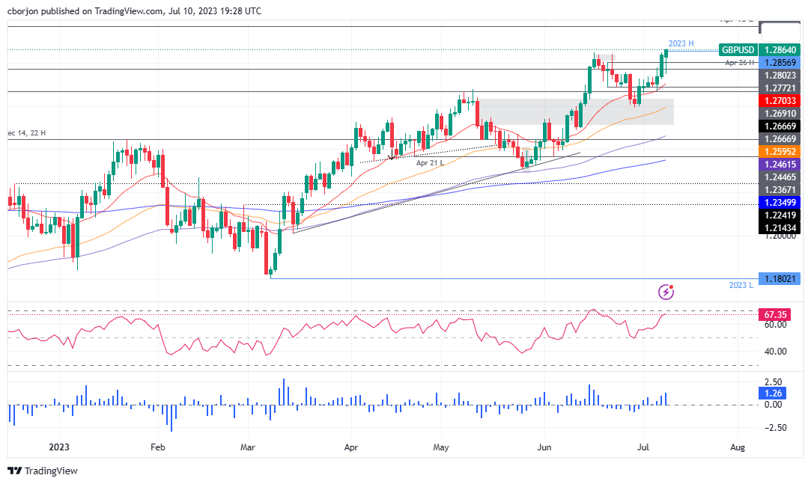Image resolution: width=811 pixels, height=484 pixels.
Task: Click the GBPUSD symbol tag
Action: (738, 50)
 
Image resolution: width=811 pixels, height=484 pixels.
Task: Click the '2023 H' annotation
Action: (682, 43)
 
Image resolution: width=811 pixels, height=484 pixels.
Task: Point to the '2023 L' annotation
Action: (741, 286)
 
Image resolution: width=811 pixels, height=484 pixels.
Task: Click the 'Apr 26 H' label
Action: (741, 64)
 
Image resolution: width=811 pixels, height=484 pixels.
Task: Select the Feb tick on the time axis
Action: (157, 447)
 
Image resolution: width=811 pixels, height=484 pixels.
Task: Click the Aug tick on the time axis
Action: (737, 447)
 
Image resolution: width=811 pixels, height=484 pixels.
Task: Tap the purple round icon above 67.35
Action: (665, 292)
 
